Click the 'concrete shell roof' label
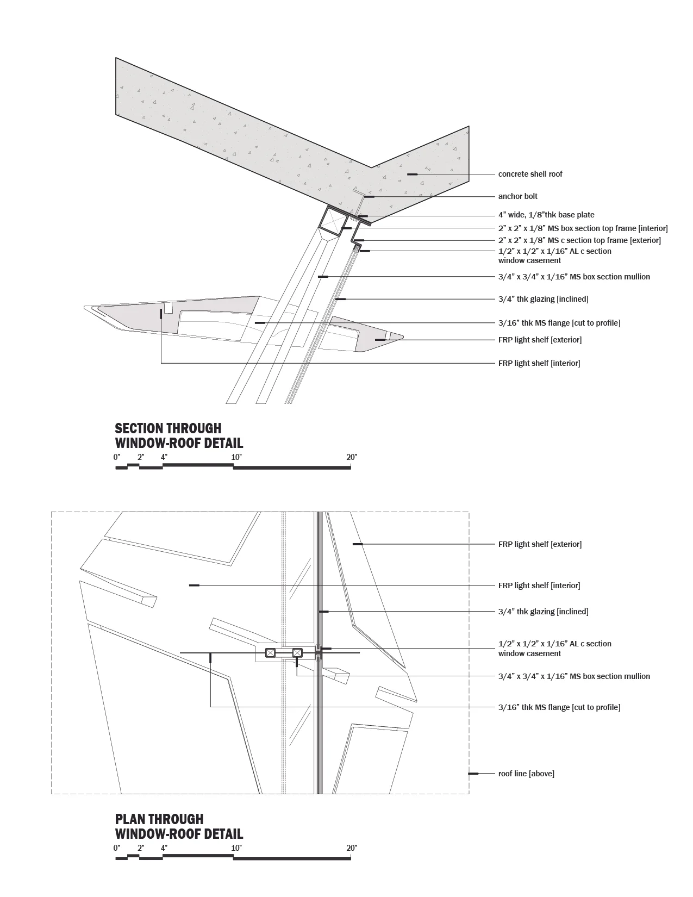tap(530, 174)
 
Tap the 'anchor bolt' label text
tap(517, 196)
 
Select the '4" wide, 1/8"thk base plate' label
tap(546, 215)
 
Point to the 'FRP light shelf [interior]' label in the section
tap(539, 363)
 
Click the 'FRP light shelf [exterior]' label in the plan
tap(540, 544)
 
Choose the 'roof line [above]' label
tap(526, 774)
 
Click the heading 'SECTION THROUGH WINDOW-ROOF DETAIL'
tap(179, 435)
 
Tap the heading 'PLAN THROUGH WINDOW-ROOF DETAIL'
tap(179, 826)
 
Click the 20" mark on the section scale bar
tap(351, 457)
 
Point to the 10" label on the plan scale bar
tap(236, 848)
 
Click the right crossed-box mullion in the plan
tap(297, 653)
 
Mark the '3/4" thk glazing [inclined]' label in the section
tap(543, 299)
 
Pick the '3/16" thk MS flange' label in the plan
tap(559, 707)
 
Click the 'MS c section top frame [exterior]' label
tap(579, 240)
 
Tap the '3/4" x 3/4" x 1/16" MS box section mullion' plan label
tap(574, 676)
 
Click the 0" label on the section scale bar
tap(117, 457)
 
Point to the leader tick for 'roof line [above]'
tap(473, 774)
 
